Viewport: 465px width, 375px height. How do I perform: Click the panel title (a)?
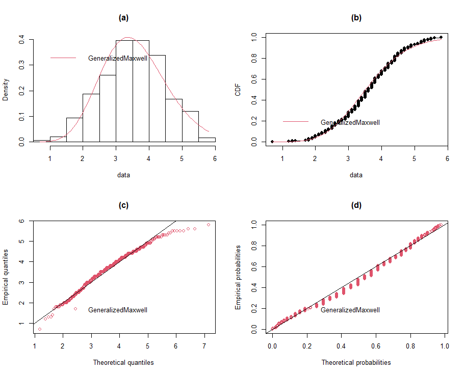[x=123, y=18]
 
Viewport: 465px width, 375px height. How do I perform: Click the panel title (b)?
[x=356, y=18]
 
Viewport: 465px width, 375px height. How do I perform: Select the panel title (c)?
[x=123, y=205]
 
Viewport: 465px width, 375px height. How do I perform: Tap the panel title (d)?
[x=356, y=205]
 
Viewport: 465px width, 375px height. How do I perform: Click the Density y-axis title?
[x=6, y=90]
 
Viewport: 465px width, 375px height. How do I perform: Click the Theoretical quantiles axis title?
[x=123, y=363]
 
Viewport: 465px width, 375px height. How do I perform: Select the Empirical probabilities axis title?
[x=238, y=277]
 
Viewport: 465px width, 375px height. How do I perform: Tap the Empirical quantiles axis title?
[x=6, y=277]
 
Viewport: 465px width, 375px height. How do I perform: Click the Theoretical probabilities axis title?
[x=356, y=363]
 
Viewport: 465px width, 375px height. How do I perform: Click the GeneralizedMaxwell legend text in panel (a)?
[x=118, y=58]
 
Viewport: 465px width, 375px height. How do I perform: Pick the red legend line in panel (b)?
[x=296, y=122]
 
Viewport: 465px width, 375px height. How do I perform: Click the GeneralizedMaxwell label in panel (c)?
[x=118, y=310]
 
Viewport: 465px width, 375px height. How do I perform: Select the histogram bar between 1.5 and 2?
[x=74, y=130]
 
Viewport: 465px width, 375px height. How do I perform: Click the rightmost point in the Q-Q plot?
[x=209, y=224]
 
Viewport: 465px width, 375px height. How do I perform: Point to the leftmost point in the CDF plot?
[x=272, y=142]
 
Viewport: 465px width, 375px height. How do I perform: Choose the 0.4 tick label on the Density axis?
[x=21, y=39]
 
